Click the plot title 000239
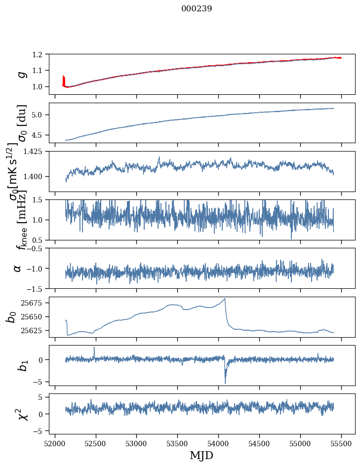tap(197, 8)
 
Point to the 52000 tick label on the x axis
tap(55, 443)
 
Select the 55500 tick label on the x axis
tap(342, 443)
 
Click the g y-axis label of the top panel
tap(21, 74)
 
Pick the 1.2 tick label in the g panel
tap(40, 54)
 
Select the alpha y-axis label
tap(18, 268)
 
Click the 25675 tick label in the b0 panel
tap(33, 303)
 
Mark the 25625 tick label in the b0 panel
tap(33, 330)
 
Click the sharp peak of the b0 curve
tap(225, 298)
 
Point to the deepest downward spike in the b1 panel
tap(225, 383)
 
